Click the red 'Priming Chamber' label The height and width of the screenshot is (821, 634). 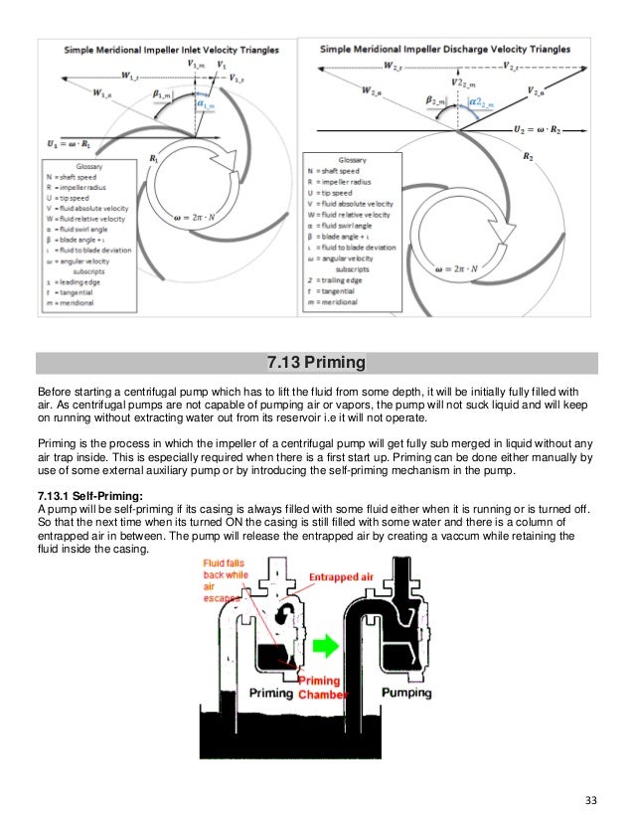point(321,688)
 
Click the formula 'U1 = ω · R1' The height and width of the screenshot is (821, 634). point(76,145)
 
